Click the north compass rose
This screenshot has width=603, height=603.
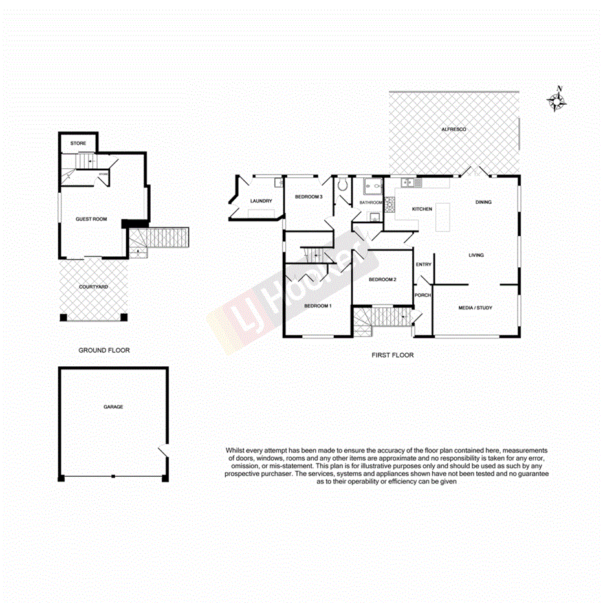557,100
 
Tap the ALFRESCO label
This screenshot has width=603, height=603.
454,130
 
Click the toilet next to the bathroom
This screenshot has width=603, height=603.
343,186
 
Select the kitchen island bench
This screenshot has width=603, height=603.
443,217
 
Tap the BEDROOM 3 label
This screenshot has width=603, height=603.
308,197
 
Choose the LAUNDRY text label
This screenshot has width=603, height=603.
261,201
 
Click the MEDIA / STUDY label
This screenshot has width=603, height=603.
475,308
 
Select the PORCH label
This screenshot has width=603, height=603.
422,296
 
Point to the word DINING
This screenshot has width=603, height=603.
483,203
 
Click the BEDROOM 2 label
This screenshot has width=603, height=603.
382,280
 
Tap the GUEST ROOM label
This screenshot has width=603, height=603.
91,219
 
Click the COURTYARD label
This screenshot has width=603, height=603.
93,287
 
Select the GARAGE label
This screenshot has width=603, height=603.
113,407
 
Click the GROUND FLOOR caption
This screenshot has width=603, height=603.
104,351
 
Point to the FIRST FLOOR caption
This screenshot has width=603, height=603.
392,355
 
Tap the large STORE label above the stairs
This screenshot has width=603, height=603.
78,143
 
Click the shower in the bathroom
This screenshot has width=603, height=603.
373,186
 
